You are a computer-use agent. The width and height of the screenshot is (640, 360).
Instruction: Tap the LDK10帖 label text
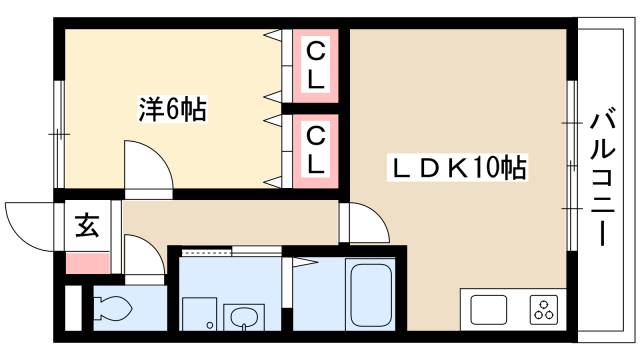(456, 168)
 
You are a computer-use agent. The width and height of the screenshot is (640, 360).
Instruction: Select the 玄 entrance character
(87, 226)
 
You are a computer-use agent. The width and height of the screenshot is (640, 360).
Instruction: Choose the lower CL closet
(315, 151)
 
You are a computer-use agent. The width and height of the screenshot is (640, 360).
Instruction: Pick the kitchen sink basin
(488, 309)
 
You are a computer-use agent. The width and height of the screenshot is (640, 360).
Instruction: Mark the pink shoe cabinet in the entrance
(88, 265)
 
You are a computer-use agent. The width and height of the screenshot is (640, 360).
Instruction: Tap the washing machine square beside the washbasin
(200, 314)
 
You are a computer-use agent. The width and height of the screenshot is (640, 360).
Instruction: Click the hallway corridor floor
(230, 220)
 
